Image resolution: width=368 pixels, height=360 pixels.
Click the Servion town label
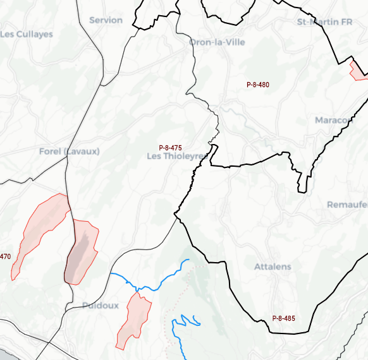click(106, 20)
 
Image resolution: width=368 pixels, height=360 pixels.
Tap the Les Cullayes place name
click(27, 34)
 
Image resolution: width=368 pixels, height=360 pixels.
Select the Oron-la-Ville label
click(217, 42)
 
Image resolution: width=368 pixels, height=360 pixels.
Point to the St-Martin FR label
click(324, 22)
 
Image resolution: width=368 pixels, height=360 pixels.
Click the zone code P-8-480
click(258, 85)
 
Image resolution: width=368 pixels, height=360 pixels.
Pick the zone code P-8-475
click(171, 147)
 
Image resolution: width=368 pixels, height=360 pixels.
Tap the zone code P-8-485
click(283, 318)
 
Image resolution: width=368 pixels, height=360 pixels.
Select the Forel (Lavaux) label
click(70, 152)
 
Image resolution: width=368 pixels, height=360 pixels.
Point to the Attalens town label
click(273, 267)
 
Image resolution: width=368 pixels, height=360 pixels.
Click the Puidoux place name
click(100, 306)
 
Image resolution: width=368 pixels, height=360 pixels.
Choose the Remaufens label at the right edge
click(347, 205)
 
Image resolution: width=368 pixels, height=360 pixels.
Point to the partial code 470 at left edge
click(5, 256)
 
